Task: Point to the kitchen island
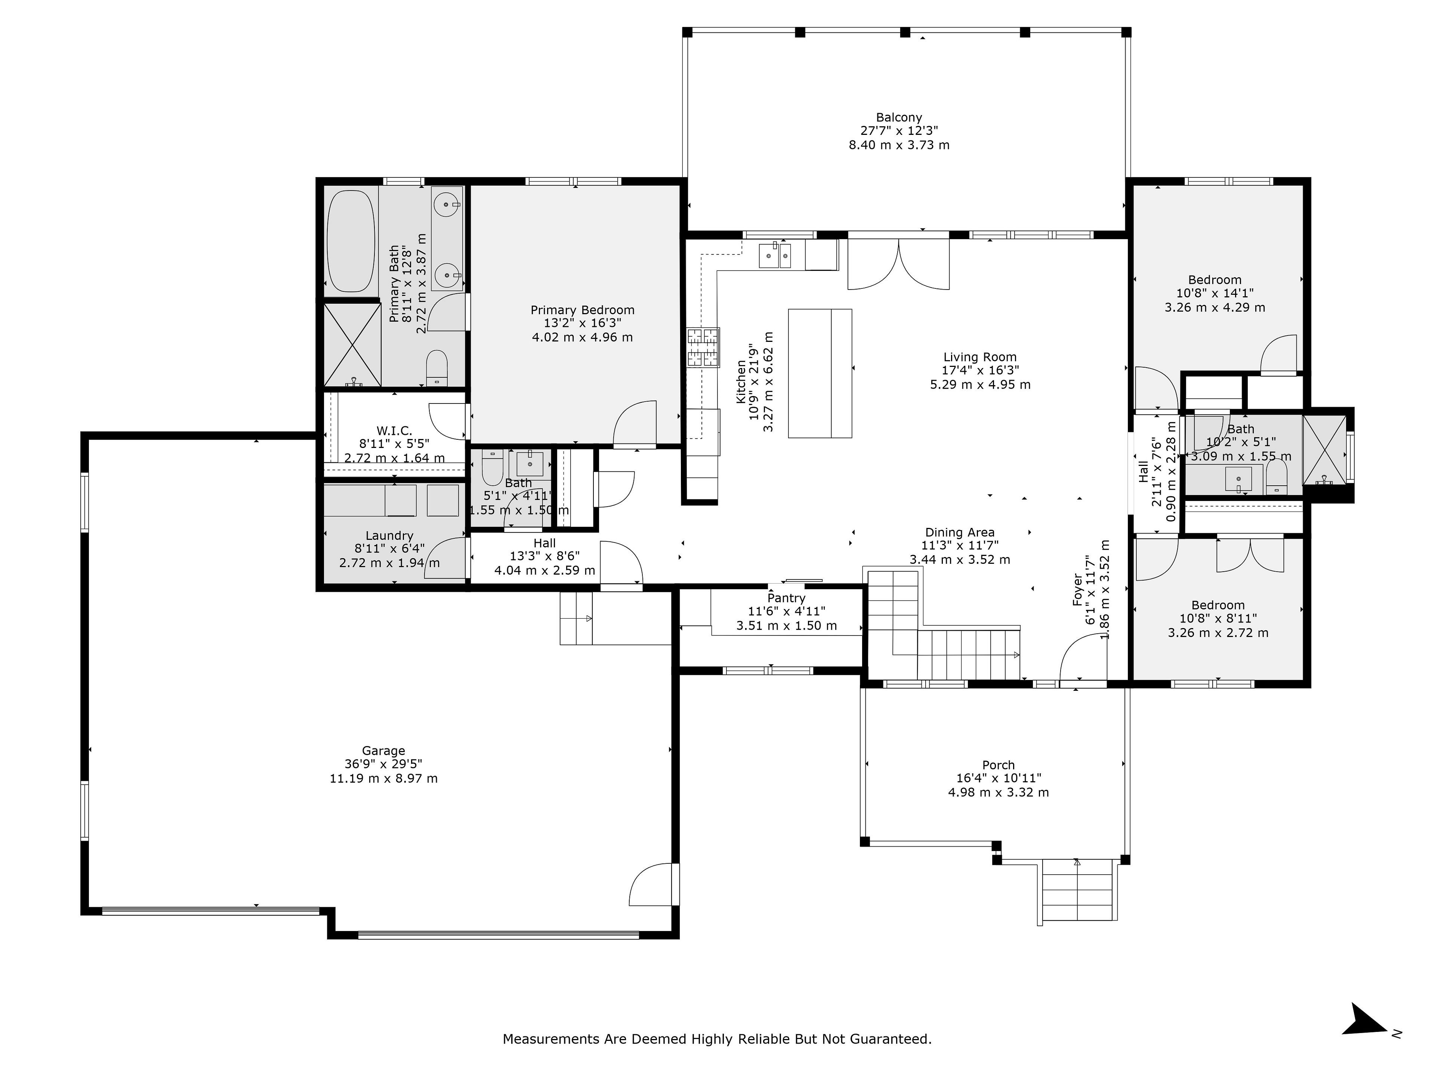click(820, 374)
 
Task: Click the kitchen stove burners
click(704, 347)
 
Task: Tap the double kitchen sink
click(775, 254)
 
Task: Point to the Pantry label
click(786, 598)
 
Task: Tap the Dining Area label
click(960, 532)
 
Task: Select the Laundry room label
click(389, 536)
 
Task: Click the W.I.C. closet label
click(394, 431)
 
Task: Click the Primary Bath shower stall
click(352, 344)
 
